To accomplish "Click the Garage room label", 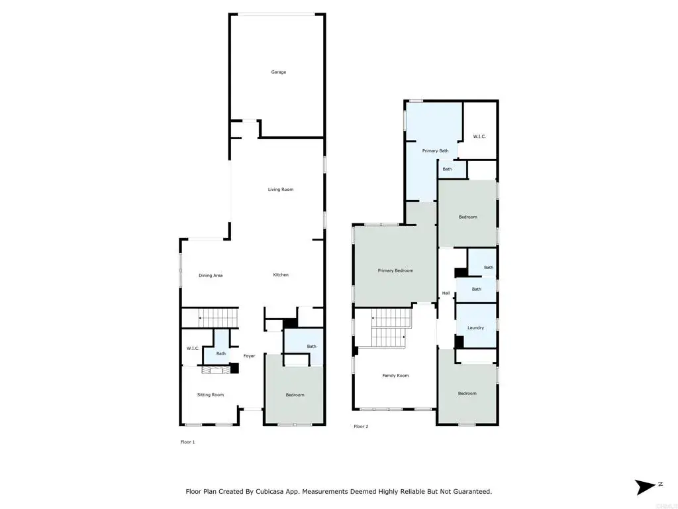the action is pyautogui.click(x=279, y=72).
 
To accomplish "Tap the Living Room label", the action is pyautogui.click(x=281, y=189).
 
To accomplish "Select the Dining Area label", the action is pyautogui.click(x=211, y=275).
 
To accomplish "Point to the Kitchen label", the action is pyautogui.click(x=281, y=275).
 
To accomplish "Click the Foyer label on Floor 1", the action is pyautogui.click(x=249, y=356).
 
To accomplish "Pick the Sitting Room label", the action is pyautogui.click(x=211, y=395).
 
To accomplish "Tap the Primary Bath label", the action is pyautogui.click(x=436, y=150).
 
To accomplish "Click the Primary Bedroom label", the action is pyautogui.click(x=396, y=270).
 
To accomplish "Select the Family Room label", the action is pyautogui.click(x=396, y=376).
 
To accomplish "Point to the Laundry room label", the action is pyautogui.click(x=475, y=327).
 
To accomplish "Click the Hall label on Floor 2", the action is pyautogui.click(x=446, y=293).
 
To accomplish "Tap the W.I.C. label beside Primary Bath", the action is pyautogui.click(x=479, y=137).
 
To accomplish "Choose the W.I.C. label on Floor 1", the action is pyautogui.click(x=193, y=349).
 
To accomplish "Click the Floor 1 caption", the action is pyautogui.click(x=187, y=442).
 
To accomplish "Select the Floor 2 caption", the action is pyautogui.click(x=361, y=426).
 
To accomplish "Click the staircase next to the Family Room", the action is pyautogui.click(x=388, y=327).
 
